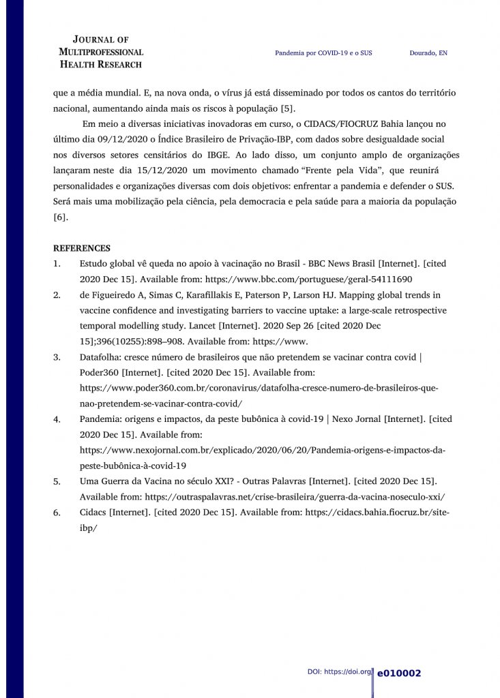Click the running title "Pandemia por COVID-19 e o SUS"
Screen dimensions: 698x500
coord(328,53)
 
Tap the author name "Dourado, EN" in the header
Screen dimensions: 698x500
coord(428,53)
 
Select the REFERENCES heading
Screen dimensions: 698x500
coord(82,248)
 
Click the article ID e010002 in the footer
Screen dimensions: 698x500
coord(399,673)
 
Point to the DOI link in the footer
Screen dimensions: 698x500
coord(339,672)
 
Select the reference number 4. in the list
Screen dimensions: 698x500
coord(57,420)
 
